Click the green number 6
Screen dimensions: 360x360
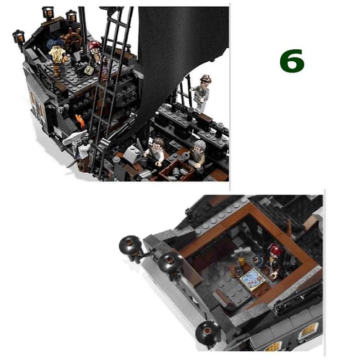coord(292,61)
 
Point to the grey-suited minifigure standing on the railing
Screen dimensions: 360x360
coord(202,94)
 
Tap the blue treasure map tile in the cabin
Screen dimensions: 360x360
coord(252,279)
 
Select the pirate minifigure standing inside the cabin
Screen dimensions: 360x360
coord(274,261)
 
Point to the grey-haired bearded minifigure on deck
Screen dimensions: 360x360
coord(198,153)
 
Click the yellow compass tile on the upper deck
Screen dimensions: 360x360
coord(88,70)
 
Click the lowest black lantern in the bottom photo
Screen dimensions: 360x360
coord(208,332)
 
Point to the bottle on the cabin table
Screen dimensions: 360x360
coord(241,262)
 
